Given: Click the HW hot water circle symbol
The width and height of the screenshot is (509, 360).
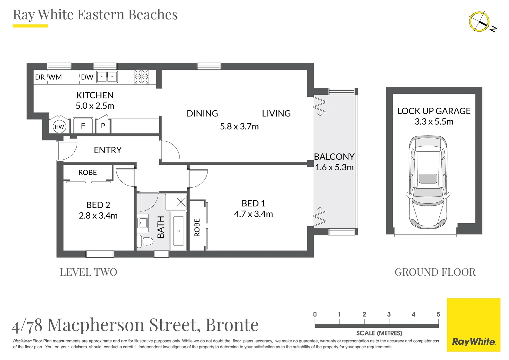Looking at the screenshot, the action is coord(59,127).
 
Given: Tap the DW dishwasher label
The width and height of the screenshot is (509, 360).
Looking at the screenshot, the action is coord(87,77).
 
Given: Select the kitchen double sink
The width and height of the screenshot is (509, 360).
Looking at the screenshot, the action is coord(107,77).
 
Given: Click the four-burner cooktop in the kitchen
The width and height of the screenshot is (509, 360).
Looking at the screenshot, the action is coord(142,77).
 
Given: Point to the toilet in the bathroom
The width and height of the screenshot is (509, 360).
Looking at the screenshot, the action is coord(145,241).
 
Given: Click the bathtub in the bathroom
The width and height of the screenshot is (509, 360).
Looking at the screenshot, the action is coord(178,231).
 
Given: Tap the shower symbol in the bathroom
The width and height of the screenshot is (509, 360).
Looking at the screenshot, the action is coord(176,202).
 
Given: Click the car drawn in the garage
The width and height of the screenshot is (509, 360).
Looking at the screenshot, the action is coord(428,182).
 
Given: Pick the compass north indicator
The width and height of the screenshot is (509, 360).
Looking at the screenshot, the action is coord(482,25).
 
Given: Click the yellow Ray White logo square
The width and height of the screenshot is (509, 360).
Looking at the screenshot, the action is coord(474,325).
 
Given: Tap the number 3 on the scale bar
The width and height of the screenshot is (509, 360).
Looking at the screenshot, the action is coord(389,314).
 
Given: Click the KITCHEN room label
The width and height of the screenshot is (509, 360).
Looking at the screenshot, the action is coord(95,95).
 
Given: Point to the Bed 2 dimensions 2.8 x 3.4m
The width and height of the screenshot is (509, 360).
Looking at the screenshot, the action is coord(98,216).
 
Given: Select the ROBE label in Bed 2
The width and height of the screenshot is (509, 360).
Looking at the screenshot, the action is coord(88,172).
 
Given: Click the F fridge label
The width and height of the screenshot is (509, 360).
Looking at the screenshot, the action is coord(83,126).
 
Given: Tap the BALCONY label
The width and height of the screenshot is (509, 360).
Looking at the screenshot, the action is coord(334,156).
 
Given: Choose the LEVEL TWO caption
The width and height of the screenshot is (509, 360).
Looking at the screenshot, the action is coord(88,272).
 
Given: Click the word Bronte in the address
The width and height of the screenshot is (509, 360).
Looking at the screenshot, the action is coord(232,325).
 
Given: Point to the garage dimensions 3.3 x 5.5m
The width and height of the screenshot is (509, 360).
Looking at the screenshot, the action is coord(434,122).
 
